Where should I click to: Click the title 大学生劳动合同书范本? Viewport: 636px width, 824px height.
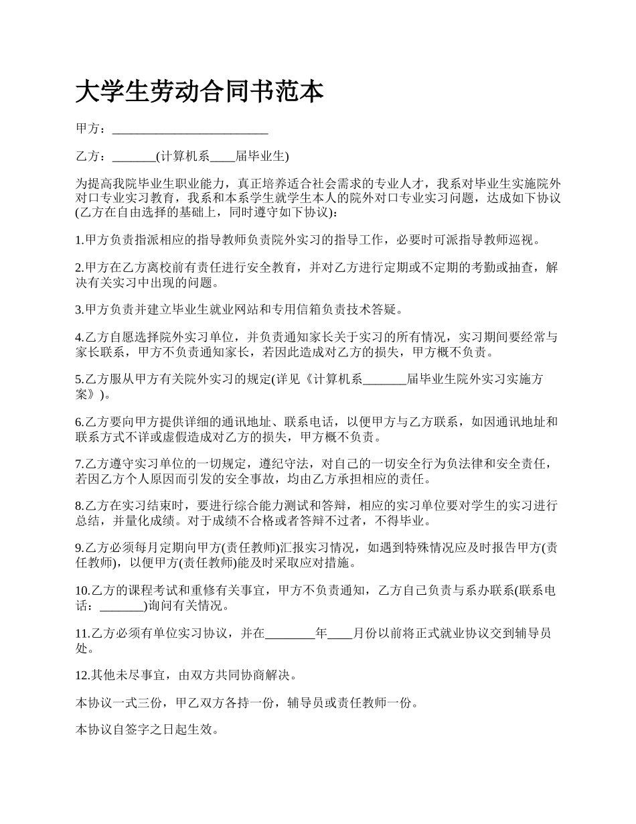[200, 92]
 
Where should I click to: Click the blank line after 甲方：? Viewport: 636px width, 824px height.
[190, 129]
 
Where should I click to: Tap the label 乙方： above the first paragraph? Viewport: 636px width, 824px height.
[90, 157]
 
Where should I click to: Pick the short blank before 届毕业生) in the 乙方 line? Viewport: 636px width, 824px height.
[223, 157]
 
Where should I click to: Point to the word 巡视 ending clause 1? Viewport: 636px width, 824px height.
[526, 240]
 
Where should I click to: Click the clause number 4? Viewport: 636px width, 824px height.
[78, 337]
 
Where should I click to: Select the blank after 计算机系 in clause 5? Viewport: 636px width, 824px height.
[384, 379]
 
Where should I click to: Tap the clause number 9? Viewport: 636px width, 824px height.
[78, 548]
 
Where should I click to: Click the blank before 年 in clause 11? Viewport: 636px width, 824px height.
[290, 633]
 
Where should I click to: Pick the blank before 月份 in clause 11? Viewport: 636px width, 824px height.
[339, 633]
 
